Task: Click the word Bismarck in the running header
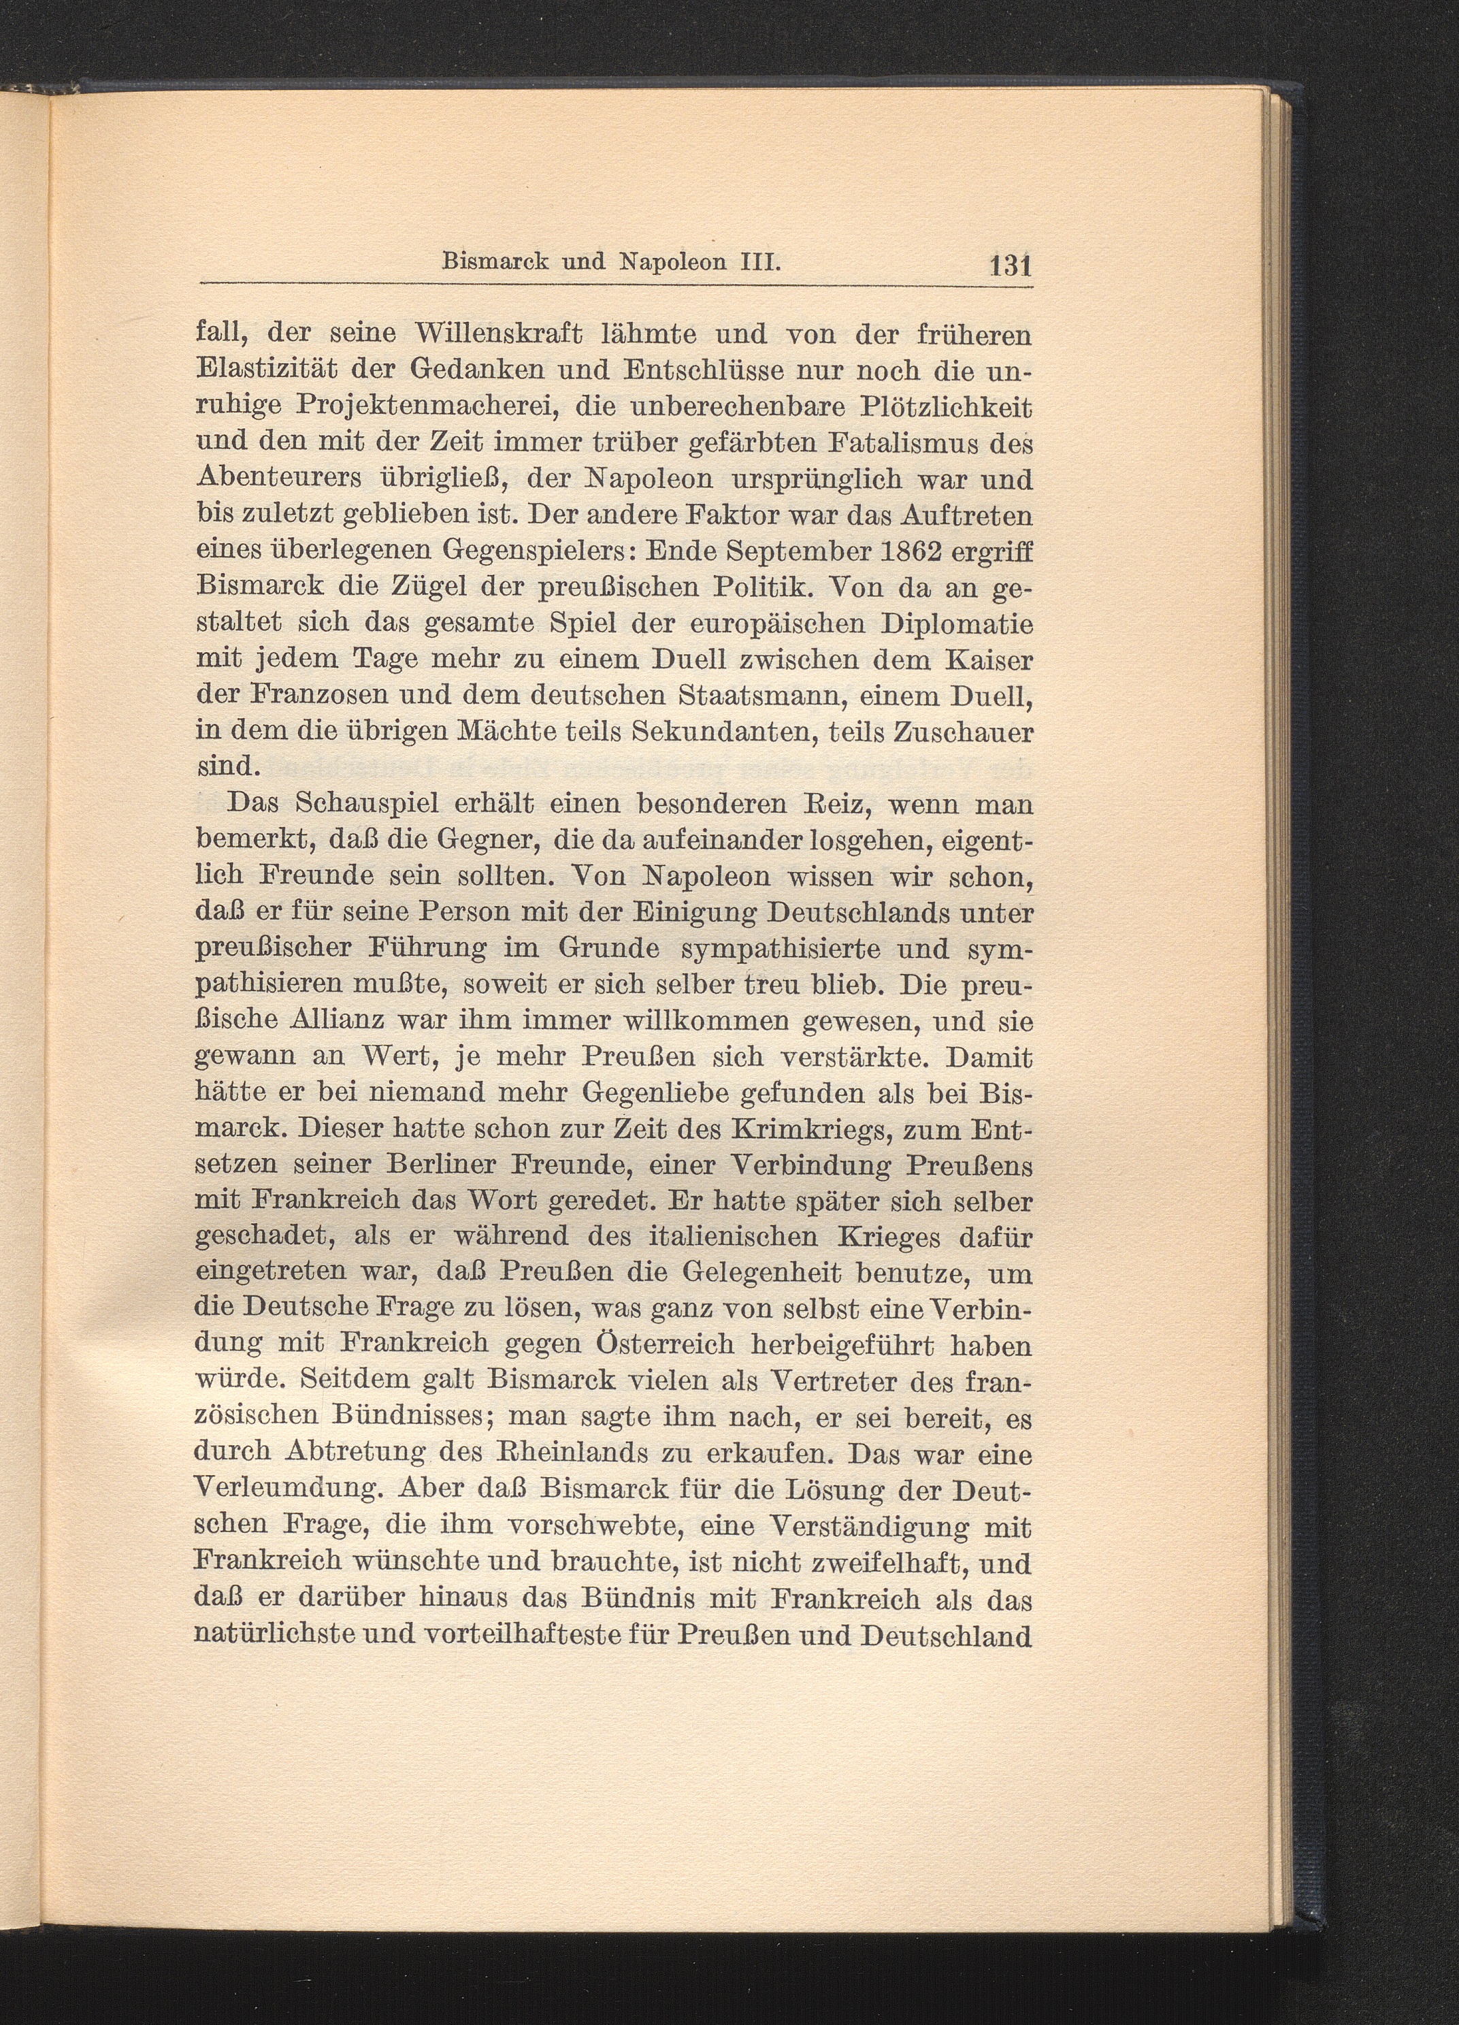tap(487, 263)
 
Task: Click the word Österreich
tap(681, 1346)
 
